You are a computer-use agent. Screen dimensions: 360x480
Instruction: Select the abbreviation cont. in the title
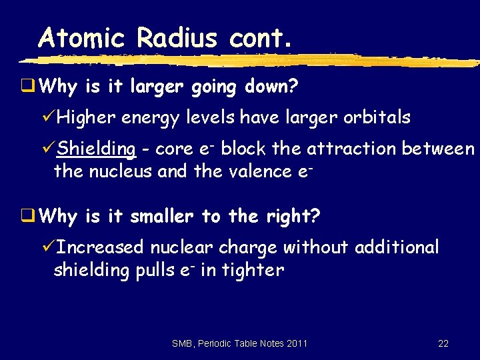pos(261,39)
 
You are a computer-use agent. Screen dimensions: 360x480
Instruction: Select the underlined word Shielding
pos(96,149)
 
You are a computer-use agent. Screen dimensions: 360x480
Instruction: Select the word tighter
pos(257,270)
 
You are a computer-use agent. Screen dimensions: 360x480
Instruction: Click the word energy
pos(151,119)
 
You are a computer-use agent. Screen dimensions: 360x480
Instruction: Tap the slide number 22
pos(443,343)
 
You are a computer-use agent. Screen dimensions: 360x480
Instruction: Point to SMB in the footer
pos(182,343)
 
